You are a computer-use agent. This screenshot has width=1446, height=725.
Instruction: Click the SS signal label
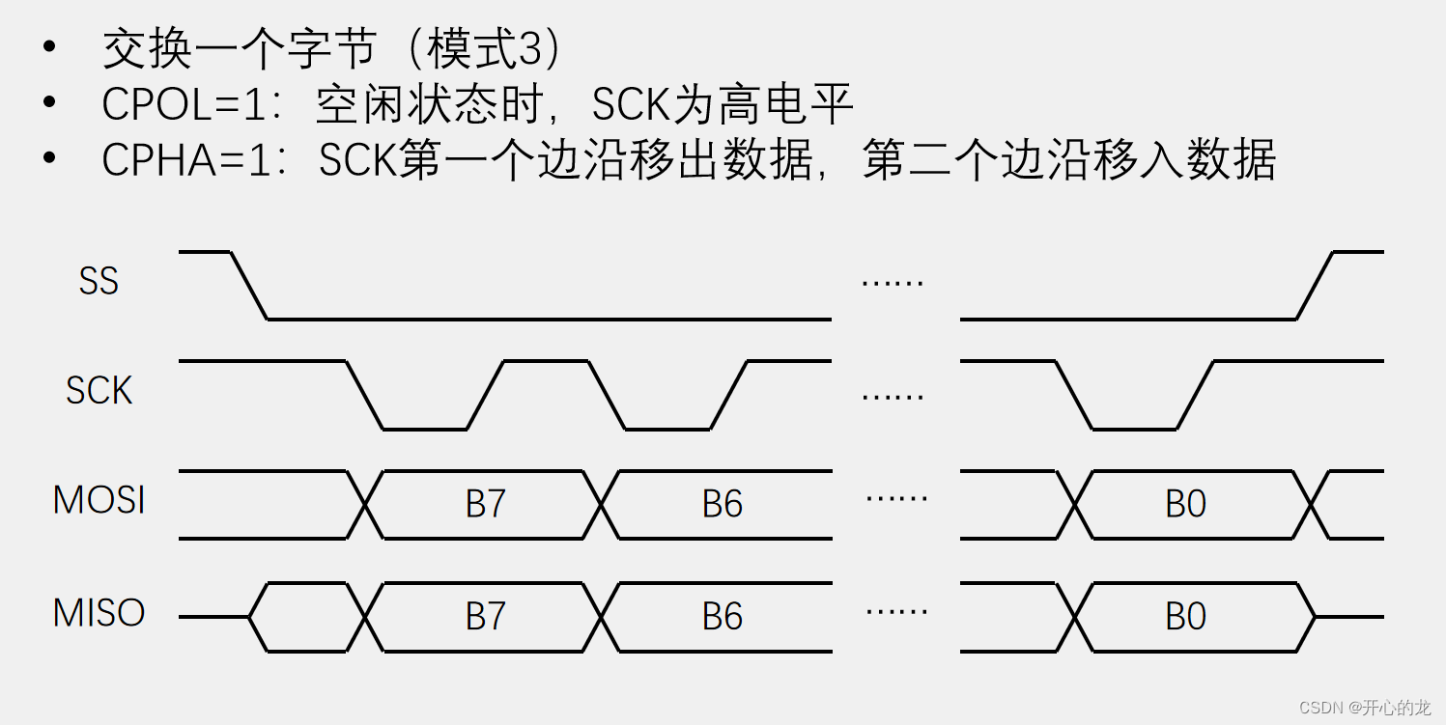point(99,281)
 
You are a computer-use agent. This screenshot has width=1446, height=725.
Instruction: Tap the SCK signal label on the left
point(99,391)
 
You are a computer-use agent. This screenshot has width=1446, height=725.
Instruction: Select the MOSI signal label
point(99,501)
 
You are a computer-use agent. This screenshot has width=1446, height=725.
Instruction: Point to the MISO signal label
point(99,613)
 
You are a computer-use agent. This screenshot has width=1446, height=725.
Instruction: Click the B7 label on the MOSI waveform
point(485,504)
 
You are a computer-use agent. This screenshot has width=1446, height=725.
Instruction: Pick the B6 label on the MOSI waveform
point(722,504)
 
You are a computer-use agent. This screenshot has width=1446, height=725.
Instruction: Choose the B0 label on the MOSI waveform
point(1185,504)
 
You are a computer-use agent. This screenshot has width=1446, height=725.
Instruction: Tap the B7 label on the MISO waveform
point(485,617)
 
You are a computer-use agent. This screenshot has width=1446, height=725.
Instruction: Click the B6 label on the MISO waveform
point(722,617)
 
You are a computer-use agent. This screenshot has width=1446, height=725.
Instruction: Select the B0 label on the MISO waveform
point(1185,617)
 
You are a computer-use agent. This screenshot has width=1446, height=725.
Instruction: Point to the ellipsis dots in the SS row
point(893,283)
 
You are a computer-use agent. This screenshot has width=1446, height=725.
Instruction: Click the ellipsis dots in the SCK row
point(893,396)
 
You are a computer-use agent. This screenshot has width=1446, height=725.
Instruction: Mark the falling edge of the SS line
point(249,286)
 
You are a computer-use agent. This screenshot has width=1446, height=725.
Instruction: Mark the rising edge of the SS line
point(1315,286)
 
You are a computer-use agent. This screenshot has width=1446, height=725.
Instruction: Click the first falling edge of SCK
point(365,395)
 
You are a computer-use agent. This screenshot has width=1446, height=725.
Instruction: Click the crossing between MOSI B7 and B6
point(601,504)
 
